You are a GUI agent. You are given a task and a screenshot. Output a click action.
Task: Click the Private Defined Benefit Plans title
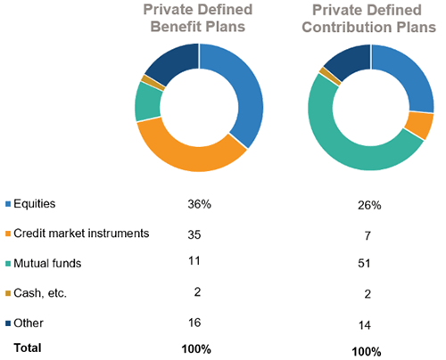click(199, 18)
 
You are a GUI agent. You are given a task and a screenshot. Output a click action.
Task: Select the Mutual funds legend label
click(50, 264)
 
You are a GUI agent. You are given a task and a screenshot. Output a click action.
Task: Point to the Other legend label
click(30, 323)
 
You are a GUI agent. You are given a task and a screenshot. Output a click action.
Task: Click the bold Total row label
click(28, 347)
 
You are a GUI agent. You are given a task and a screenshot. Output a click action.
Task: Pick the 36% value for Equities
click(199, 204)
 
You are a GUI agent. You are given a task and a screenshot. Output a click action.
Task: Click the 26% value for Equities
click(369, 205)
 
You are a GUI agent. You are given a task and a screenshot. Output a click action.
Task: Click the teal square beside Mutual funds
click(9, 264)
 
